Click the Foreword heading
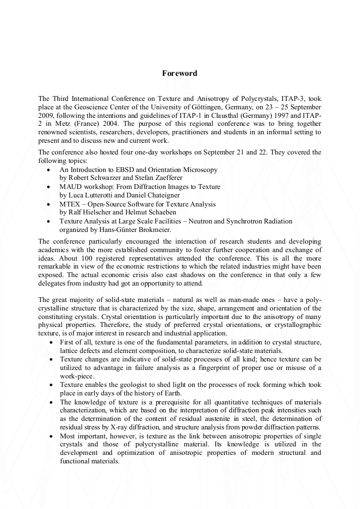tap(179, 73)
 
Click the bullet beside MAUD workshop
tap(49, 187)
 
